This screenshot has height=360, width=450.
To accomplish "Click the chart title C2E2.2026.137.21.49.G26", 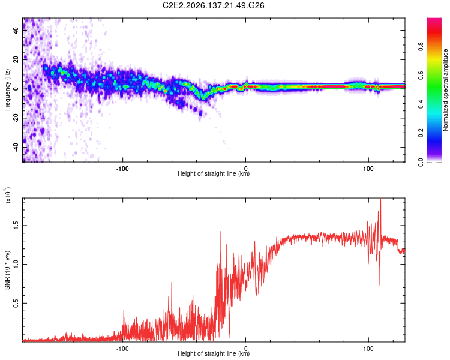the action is (213, 5).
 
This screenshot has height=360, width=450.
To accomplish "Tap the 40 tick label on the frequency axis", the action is (16, 31).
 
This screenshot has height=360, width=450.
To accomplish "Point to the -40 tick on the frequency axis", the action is (16, 148).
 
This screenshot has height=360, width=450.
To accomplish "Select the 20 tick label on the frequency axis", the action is (16, 60).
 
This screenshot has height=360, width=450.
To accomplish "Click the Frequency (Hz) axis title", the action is (7, 89).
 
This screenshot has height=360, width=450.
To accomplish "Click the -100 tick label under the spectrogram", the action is (122, 169).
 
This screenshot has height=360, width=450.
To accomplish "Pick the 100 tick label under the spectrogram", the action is (368, 169).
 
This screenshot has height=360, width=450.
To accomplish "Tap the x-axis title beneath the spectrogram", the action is (214, 173).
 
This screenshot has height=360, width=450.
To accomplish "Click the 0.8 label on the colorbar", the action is (421, 47).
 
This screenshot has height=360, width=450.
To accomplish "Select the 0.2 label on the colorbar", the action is (421, 133).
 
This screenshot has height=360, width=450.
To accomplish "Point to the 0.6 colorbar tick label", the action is (421, 76).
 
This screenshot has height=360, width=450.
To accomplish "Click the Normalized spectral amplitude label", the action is (445, 90).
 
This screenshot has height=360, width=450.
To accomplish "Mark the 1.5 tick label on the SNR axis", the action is (16, 226).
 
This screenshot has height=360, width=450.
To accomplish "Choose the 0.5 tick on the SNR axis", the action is (16, 303).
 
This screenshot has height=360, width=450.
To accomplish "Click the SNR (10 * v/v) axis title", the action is (7, 270).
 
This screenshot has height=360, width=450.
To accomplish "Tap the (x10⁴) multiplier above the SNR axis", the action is (8, 195).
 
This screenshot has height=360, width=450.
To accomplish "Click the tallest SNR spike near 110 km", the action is (380, 199).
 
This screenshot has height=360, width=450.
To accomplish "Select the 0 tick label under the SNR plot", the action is (245, 349).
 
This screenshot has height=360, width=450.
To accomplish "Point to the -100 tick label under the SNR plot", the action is (122, 349).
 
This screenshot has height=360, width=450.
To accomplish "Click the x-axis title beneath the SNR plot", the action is (214, 353).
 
